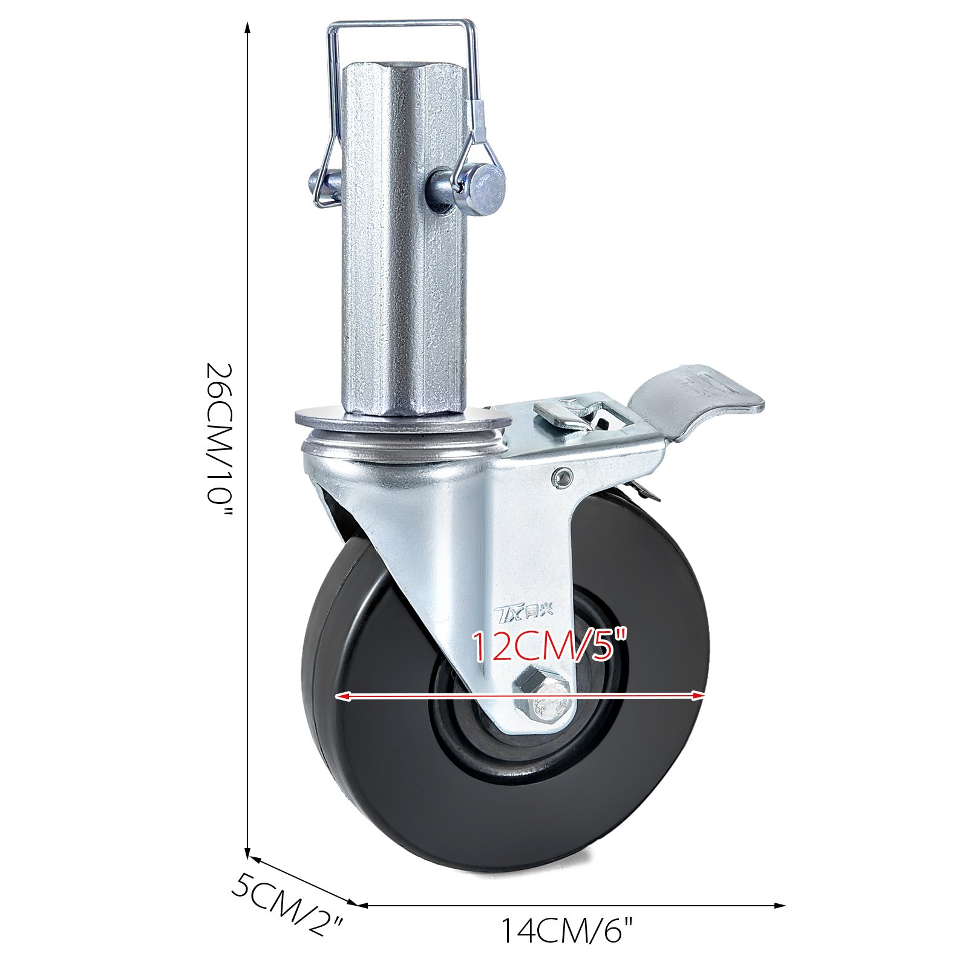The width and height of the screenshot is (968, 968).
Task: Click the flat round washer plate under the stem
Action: pos(402,419)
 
